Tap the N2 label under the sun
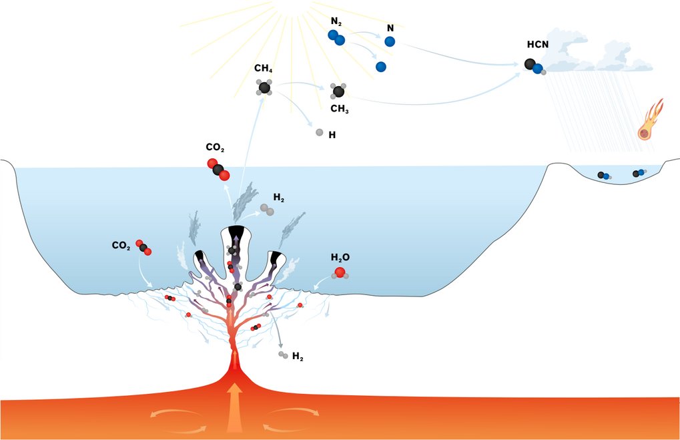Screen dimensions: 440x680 (336, 22)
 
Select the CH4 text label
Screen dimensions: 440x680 (263, 69)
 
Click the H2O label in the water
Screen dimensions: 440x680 (340, 257)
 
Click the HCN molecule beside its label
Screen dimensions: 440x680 (535, 67)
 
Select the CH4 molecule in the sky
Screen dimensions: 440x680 (265, 87)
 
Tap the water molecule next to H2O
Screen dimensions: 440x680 (340, 272)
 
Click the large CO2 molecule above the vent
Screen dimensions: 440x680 (218, 170)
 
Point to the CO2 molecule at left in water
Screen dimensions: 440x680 (143, 247)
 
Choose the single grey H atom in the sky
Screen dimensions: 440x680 (320, 132)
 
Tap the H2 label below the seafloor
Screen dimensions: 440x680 (298, 358)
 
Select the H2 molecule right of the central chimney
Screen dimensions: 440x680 (266, 210)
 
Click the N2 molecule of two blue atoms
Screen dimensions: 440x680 (336, 37)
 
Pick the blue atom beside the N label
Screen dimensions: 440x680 (390, 41)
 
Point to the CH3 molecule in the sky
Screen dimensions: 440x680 (339, 91)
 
